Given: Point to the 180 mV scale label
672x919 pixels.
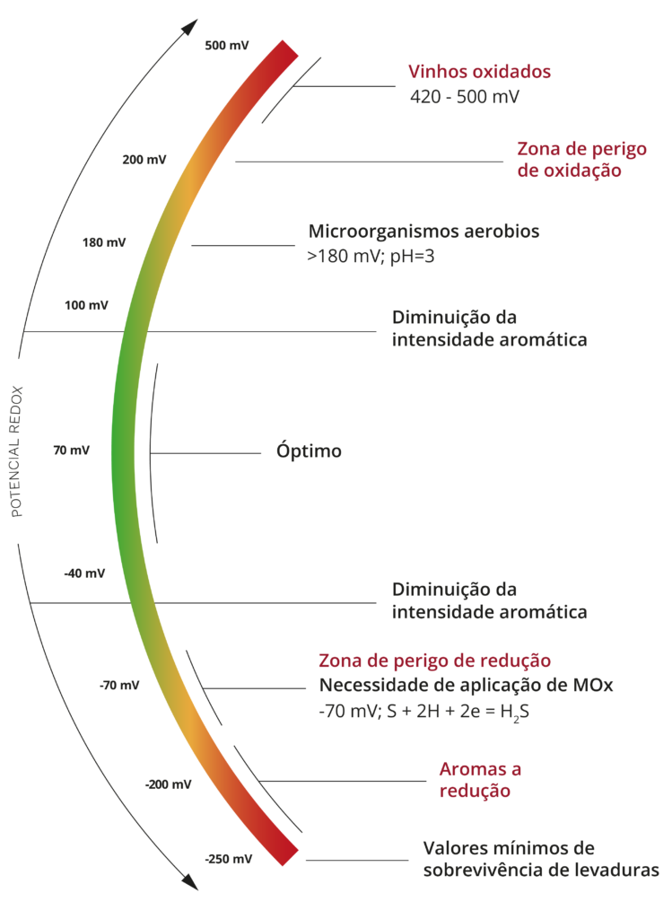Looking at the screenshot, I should click(104, 242).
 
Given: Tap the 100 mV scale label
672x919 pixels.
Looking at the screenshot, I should click(86, 305).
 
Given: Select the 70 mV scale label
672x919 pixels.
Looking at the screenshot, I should click(71, 451).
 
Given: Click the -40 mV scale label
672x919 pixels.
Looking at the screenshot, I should click(84, 573).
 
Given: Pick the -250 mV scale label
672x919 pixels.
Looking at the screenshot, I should click(229, 859).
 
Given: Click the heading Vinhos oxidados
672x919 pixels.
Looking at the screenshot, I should click(479, 72).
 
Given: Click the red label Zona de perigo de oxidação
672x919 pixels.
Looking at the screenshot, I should click(581, 160).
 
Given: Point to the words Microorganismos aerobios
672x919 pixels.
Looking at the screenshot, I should click(424, 232).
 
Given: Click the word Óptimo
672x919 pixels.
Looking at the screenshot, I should click(309, 451).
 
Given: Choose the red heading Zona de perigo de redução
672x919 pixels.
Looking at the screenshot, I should click(434, 661).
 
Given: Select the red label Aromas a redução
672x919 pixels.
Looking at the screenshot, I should click(480, 780).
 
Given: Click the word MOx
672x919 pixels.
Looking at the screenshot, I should click(593, 686).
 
